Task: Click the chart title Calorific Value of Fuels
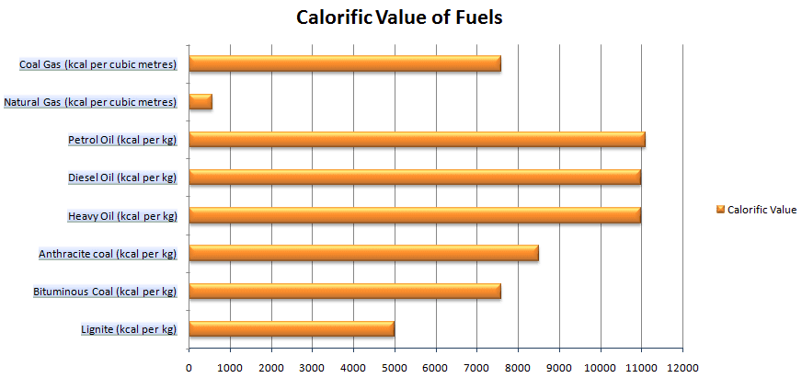click(x=398, y=17)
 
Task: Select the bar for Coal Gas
click(x=344, y=63)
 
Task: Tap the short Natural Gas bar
click(x=200, y=102)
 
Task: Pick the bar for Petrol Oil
click(x=416, y=140)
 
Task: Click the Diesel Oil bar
click(x=414, y=177)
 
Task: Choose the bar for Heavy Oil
click(x=414, y=215)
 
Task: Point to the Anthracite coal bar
click(x=363, y=253)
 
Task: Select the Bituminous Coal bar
click(x=344, y=291)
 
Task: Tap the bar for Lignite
click(x=291, y=328)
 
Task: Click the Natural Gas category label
click(x=90, y=102)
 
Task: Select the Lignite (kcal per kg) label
click(x=129, y=329)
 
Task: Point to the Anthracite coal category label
click(x=108, y=254)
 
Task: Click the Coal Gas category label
click(x=97, y=64)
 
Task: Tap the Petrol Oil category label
click(x=122, y=140)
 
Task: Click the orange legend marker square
click(x=720, y=210)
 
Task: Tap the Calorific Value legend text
click(x=762, y=210)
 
